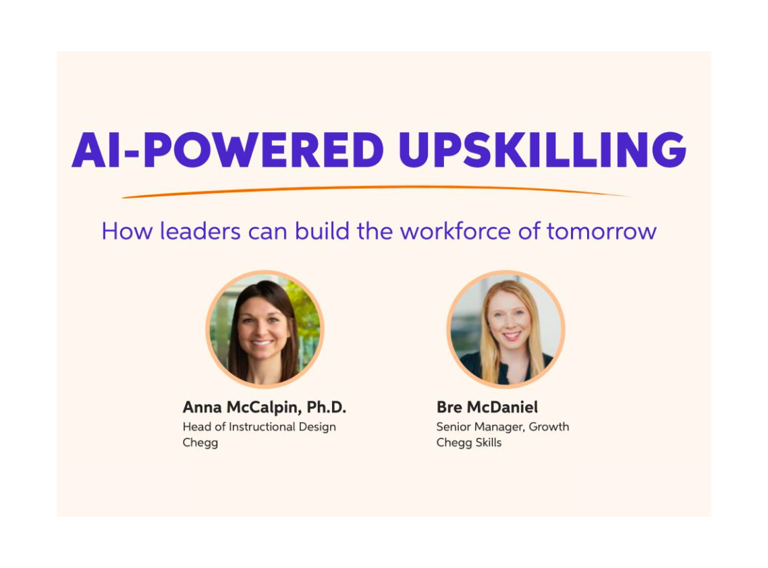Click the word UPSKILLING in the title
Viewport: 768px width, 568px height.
(542, 150)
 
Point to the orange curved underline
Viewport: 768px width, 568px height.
(378, 191)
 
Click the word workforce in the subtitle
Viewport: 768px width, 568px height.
(464, 231)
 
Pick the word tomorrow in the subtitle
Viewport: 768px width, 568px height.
(601, 231)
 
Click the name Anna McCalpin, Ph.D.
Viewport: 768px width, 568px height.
(264, 407)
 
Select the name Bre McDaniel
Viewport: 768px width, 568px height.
(487, 407)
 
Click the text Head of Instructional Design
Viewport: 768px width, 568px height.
(259, 426)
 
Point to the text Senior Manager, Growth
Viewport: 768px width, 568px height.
(503, 426)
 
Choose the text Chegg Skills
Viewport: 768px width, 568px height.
(469, 443)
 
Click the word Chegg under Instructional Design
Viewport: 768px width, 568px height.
(200, 443)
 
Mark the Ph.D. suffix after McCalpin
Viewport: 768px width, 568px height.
(327, 407)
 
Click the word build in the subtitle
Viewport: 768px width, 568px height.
(333, 231)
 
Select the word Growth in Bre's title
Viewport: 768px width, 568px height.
(549, 426)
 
